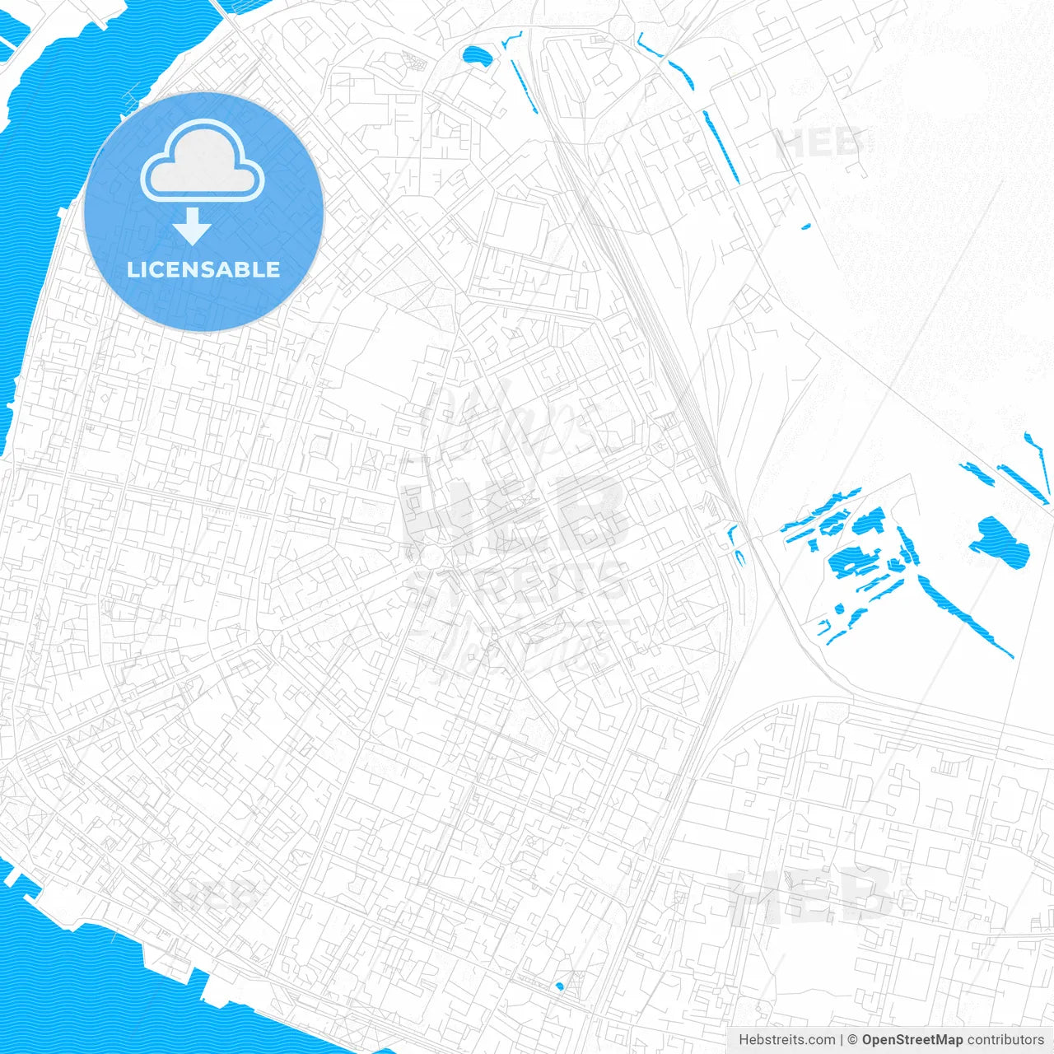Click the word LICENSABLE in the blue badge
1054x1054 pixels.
pyautogui.click(x=203, y=269)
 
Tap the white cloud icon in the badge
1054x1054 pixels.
pyautogui.click(x=203, y=162)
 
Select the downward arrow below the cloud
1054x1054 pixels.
pyautogui.click(x=192, y=226)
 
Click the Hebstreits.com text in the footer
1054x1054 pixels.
pyautogui.click(x=786, y=1040)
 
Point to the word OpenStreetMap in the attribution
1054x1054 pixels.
pyautogui.click(x=912, y=1040)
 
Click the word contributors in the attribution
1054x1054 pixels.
pyautogui.click(x=1005, y=1040)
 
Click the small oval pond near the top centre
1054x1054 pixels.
pyautogui.click(x=476, y=56)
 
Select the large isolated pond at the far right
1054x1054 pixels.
pyautogui.click(x=1000, y=543)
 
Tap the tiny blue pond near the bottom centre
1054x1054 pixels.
pyautogui.click(x=560, y=986)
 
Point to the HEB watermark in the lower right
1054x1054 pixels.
pyautogui.click(x=811, y=895)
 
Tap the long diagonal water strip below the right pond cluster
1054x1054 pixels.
pyautogui.click(x=963, y=615)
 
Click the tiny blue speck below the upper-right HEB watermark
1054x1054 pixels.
pyautogui.click(x=806, y=226)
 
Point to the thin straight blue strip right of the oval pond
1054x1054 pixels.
pyautogui.click(x=524, y=86)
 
